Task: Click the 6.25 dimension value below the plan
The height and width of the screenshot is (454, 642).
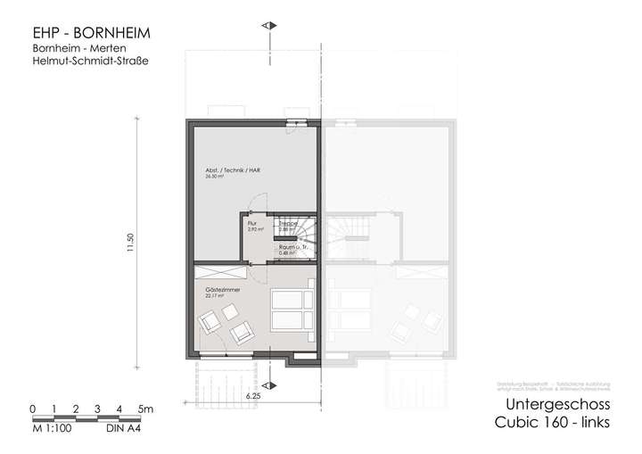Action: [x=252, y=392]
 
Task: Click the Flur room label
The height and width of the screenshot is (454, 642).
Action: [x=252, y=224]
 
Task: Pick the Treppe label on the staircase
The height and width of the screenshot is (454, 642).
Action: [x=287, y=224]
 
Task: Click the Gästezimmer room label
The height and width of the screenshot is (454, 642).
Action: [x=219, y=291]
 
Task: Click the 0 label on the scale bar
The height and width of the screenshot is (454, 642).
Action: [x=32, y=409]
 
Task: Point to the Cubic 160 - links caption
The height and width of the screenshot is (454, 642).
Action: [x=551, y=423]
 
